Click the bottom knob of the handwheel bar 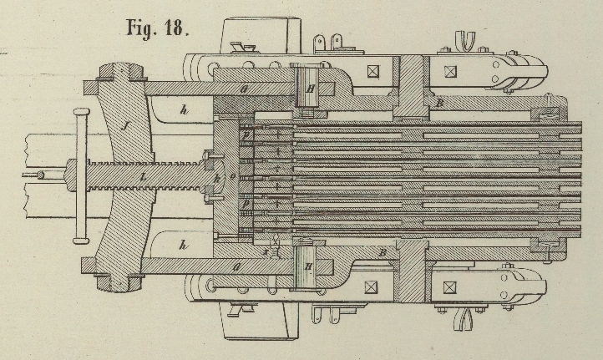[x=81, y=241]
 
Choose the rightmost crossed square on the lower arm [x=451, y=285]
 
